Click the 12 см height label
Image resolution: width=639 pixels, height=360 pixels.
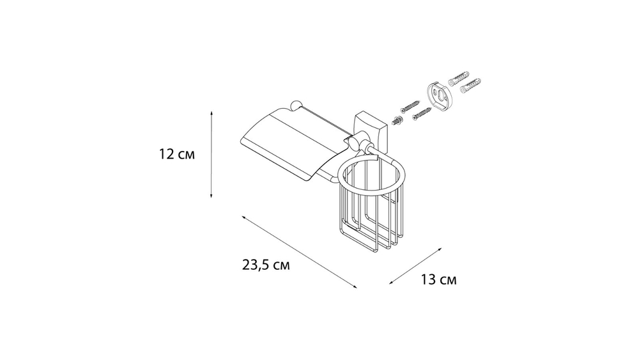[177, 154]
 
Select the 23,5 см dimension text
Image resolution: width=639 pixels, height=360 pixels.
[266, 265]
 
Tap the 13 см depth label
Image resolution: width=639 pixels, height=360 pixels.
[438, 279]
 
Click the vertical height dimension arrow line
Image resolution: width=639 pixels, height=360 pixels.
[211, 154]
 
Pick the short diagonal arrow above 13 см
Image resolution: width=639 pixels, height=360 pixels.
[416, 265]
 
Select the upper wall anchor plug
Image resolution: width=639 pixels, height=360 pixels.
[458, 79]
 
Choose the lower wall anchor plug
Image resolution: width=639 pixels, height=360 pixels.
[470, 85]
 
